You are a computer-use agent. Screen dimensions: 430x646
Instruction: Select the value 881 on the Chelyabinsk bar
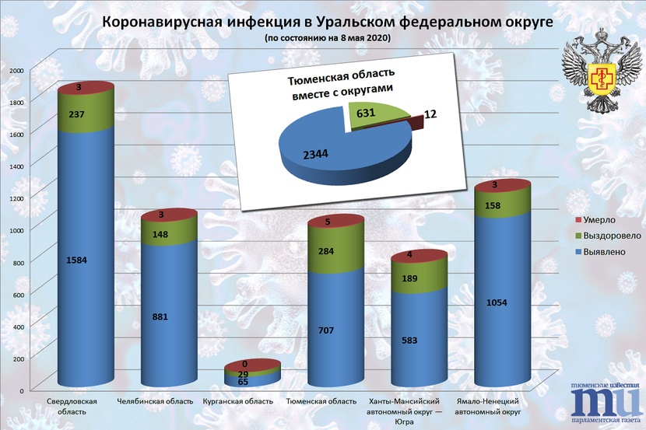pyautogui.click(x=160, y=316)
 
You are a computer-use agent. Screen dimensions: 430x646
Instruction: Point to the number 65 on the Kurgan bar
pyautogui.click(x=243, y=383)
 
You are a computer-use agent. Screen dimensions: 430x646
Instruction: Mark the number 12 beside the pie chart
pyautogui.click(x=430, y=115)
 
